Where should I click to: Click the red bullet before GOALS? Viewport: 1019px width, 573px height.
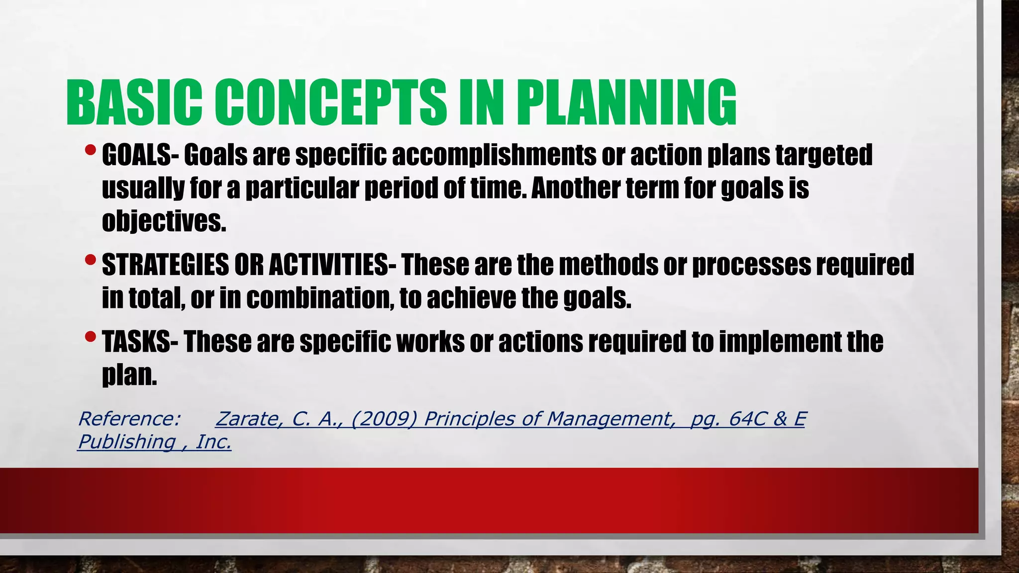[90, 150]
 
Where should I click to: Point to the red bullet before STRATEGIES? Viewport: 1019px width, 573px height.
[90, 260]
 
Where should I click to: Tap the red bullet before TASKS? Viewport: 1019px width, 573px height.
[90, 337]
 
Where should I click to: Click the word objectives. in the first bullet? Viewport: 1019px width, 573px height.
[164, 221]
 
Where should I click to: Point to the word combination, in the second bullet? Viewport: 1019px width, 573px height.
[320, 298]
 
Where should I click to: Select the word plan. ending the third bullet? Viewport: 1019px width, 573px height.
[129, 375]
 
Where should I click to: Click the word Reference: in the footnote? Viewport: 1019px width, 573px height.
[129, 419]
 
